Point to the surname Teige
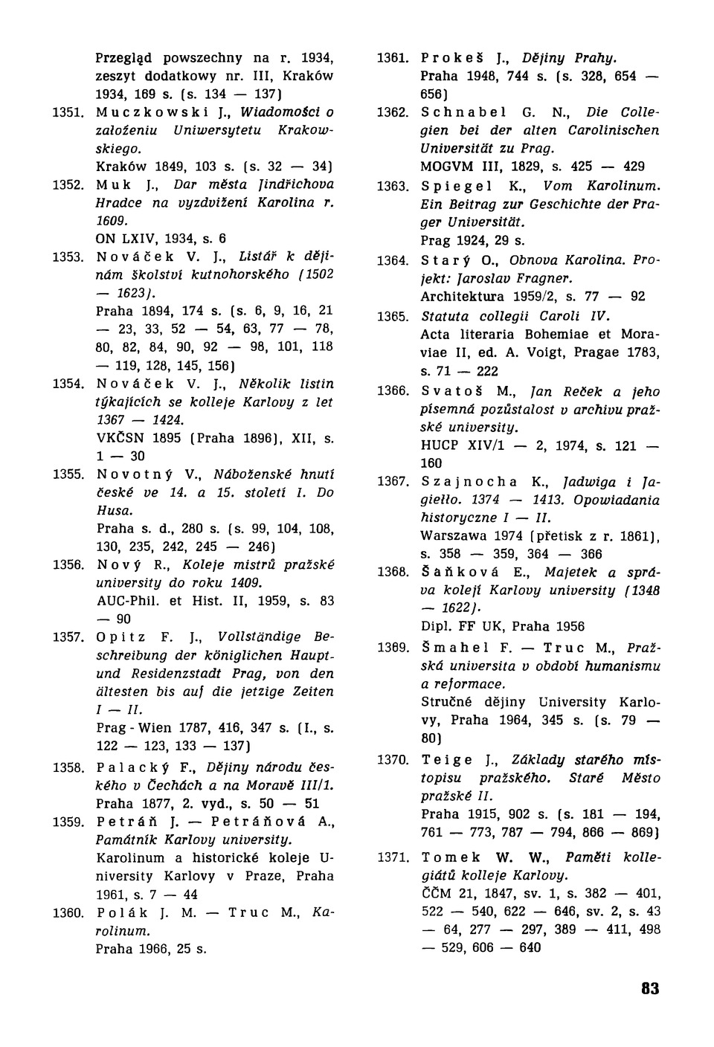point(447,760)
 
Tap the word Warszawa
point(454,535)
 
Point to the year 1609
point(114,221)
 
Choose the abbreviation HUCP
point(440,445)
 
